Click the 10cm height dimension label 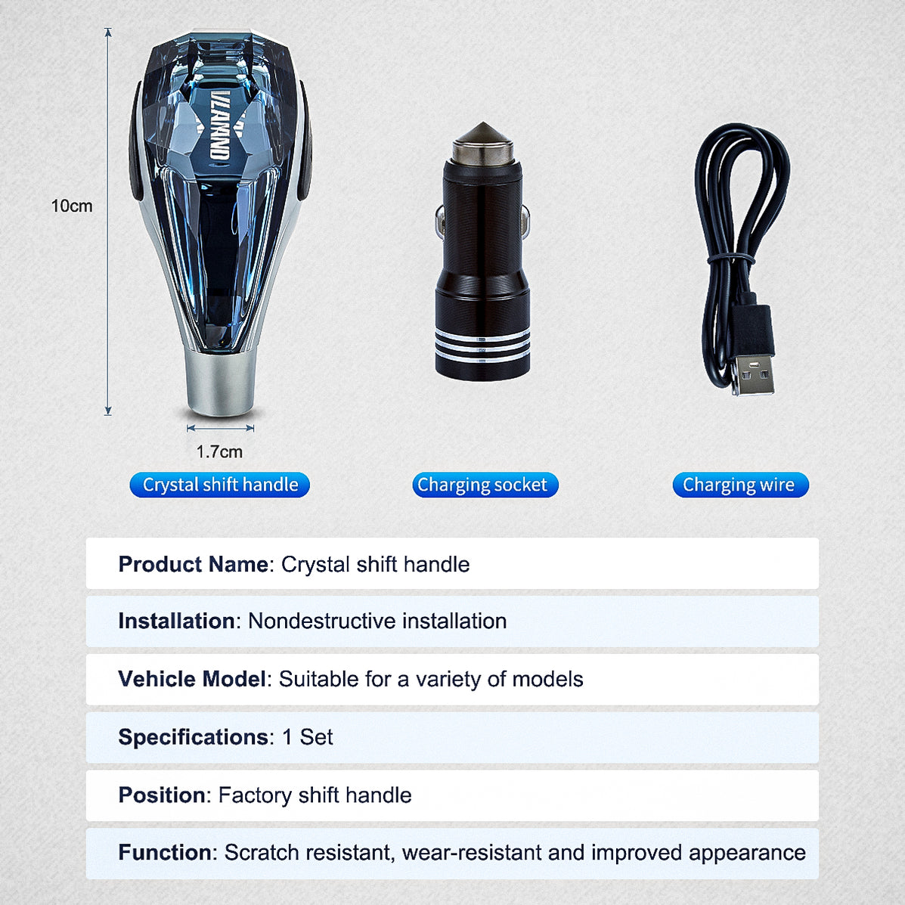72,206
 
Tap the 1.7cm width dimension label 219,452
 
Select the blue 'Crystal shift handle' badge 220,485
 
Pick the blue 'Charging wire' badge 740,485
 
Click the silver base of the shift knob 220,385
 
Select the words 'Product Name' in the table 193,564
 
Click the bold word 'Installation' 176,621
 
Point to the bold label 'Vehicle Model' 192,679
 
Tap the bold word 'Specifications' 193,737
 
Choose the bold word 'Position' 162,795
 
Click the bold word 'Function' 165,853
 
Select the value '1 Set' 307,737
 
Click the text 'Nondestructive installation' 377,621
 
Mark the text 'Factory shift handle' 315,795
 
